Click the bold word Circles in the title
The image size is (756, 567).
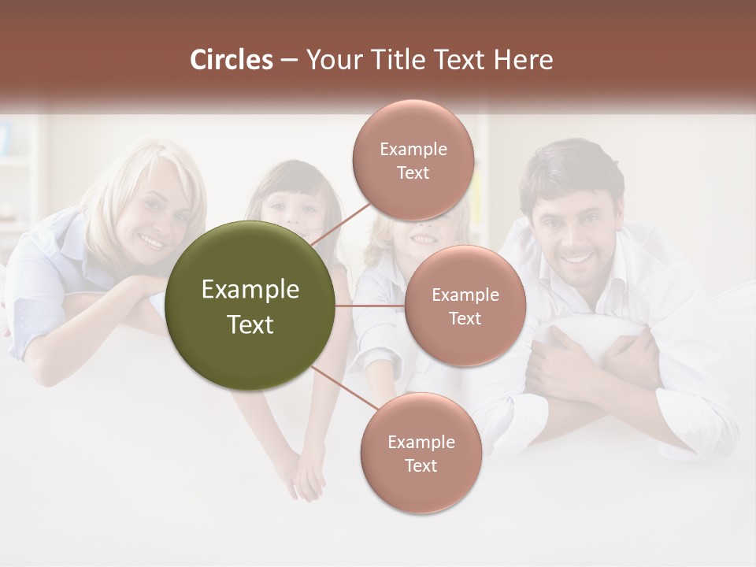[231, 60]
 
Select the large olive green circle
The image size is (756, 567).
[250, 306]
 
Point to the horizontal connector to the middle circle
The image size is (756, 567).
[370, 306]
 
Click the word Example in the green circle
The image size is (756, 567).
[250, 289]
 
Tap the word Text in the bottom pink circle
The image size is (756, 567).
[421, 465]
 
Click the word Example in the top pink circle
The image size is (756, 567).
[413, 149]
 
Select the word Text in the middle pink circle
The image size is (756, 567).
[465, 318]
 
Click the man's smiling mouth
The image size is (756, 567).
[577, 257]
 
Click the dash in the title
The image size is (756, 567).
[288, 61]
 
